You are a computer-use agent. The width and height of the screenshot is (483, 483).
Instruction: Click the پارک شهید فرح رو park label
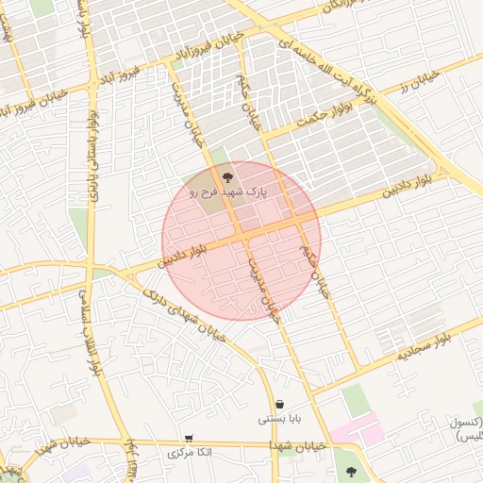(x=227, y=192)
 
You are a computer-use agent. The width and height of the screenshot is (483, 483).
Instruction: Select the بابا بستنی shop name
(x=280, y=417)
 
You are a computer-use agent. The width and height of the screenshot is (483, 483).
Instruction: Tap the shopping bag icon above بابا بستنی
(x=280, y=403)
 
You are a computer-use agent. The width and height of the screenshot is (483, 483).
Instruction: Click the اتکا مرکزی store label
(x=190, y=453)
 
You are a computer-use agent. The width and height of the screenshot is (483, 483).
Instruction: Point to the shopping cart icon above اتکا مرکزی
(x=190, y=439)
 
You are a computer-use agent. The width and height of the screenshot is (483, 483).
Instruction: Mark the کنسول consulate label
(x=464, y=422)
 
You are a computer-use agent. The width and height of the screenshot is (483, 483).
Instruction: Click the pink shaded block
(x=369, y=429)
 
